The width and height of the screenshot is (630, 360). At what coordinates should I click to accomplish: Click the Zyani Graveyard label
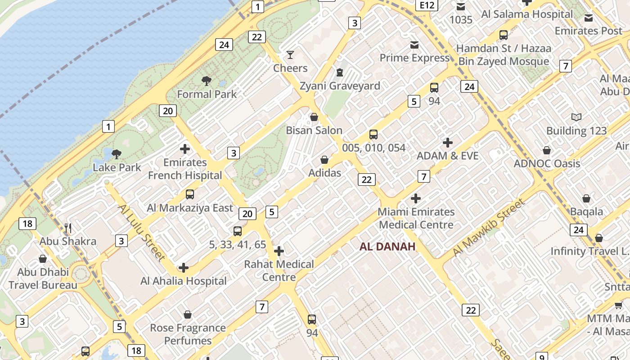340,85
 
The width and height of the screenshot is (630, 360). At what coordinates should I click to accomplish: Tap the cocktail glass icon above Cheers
290,55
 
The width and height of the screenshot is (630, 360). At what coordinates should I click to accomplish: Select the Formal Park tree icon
207,81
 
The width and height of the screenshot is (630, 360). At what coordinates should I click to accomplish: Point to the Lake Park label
117,167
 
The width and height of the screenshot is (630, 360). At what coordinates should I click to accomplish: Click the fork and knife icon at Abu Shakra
68,228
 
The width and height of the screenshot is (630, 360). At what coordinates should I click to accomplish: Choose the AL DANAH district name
387,246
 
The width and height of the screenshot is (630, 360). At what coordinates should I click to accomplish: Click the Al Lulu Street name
142,233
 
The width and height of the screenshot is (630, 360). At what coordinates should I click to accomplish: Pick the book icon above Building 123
576,117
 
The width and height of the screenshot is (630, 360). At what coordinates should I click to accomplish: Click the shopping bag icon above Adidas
324,160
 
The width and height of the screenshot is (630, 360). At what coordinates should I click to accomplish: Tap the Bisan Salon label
314,130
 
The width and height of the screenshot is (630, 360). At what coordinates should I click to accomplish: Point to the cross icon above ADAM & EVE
447,143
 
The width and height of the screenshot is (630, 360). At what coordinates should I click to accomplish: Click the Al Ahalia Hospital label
184,281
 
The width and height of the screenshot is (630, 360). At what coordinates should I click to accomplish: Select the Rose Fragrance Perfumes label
188,334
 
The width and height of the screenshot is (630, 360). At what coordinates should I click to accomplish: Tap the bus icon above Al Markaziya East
190,194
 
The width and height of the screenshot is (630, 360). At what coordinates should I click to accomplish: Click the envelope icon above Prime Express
414,45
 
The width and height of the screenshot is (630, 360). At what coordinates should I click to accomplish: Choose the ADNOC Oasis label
547,163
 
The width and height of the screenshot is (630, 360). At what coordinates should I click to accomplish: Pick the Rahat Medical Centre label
279,270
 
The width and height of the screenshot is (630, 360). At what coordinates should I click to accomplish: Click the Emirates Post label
588,31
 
